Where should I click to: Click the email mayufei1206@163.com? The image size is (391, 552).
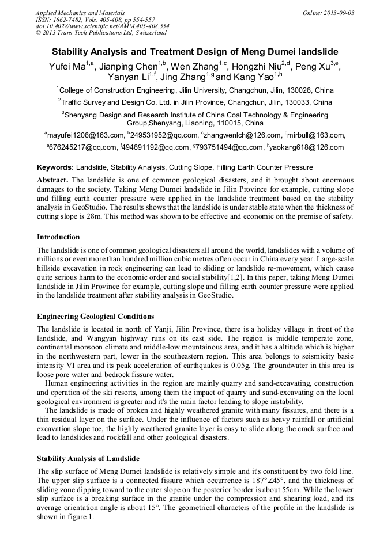point(86,135)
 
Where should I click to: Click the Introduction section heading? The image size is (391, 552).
point(58,237)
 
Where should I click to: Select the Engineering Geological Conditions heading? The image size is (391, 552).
point(96,317)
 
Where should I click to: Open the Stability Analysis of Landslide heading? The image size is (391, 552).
point(88,459)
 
